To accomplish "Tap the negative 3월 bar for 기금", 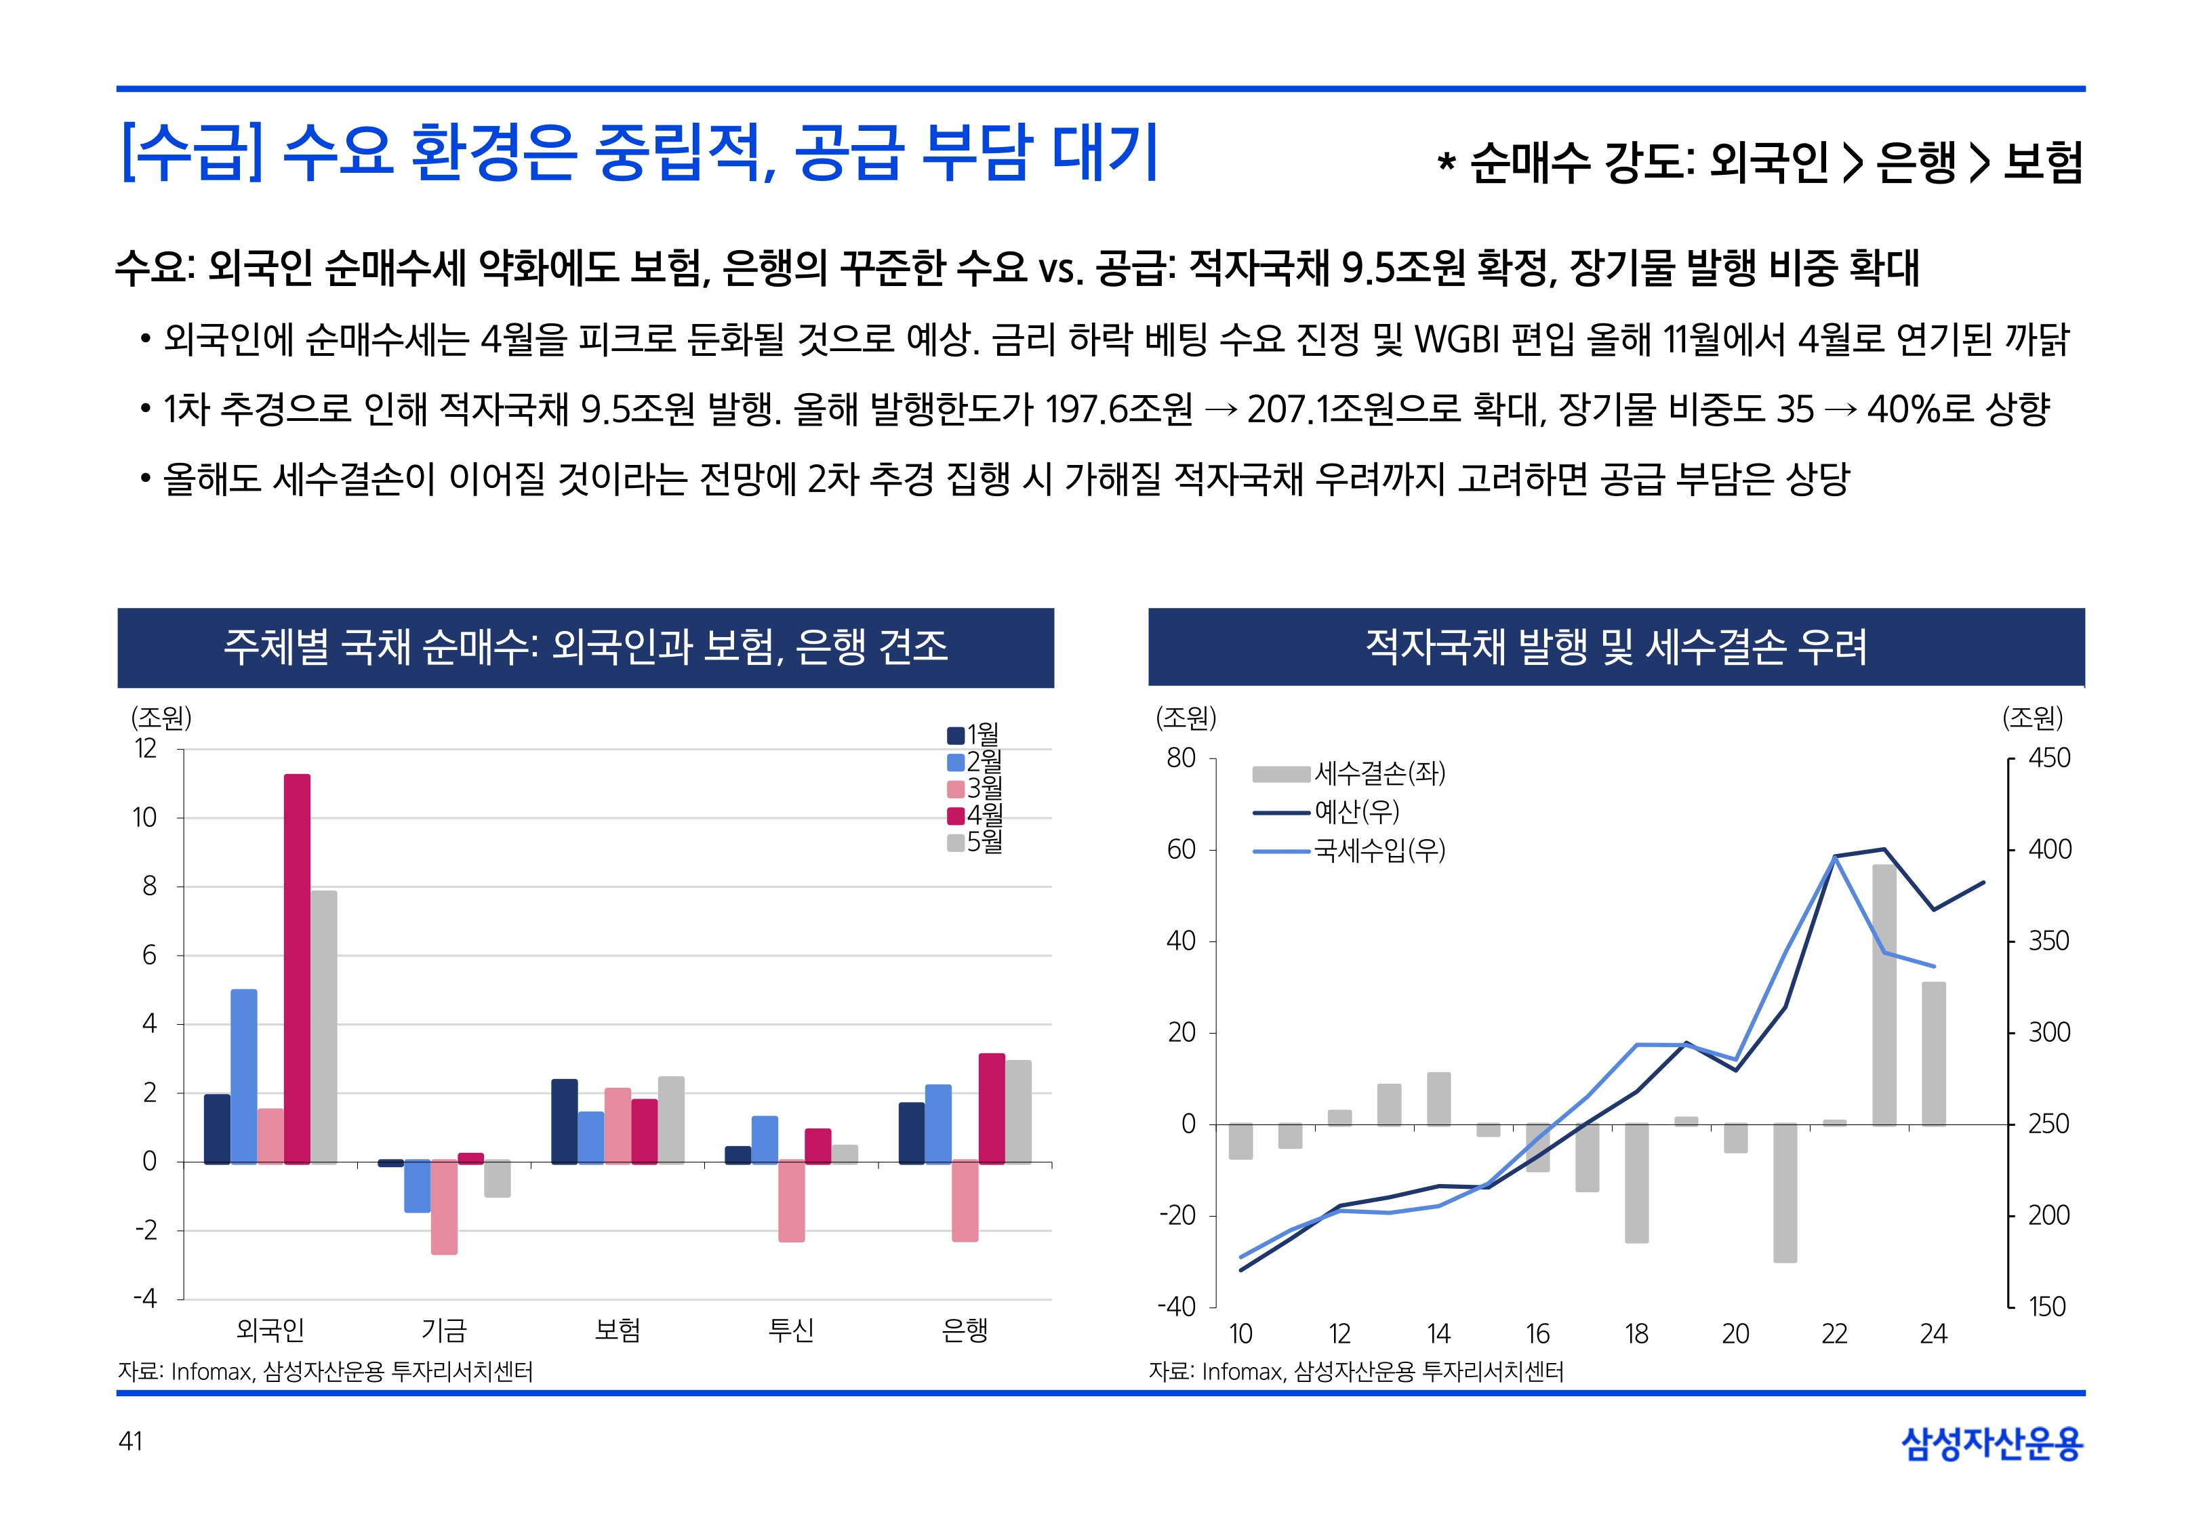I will point(444,1208).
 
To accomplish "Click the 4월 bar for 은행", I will point(992,1108).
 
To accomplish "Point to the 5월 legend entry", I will point(975,842).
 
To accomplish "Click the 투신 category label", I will point(791,1329).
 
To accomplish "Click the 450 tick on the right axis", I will point(2049,758).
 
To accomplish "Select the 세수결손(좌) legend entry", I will point(1349,773).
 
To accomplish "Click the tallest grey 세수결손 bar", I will point(1884,994).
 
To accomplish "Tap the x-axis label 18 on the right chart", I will point(1636,1334).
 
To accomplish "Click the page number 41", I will point(131,1441).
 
